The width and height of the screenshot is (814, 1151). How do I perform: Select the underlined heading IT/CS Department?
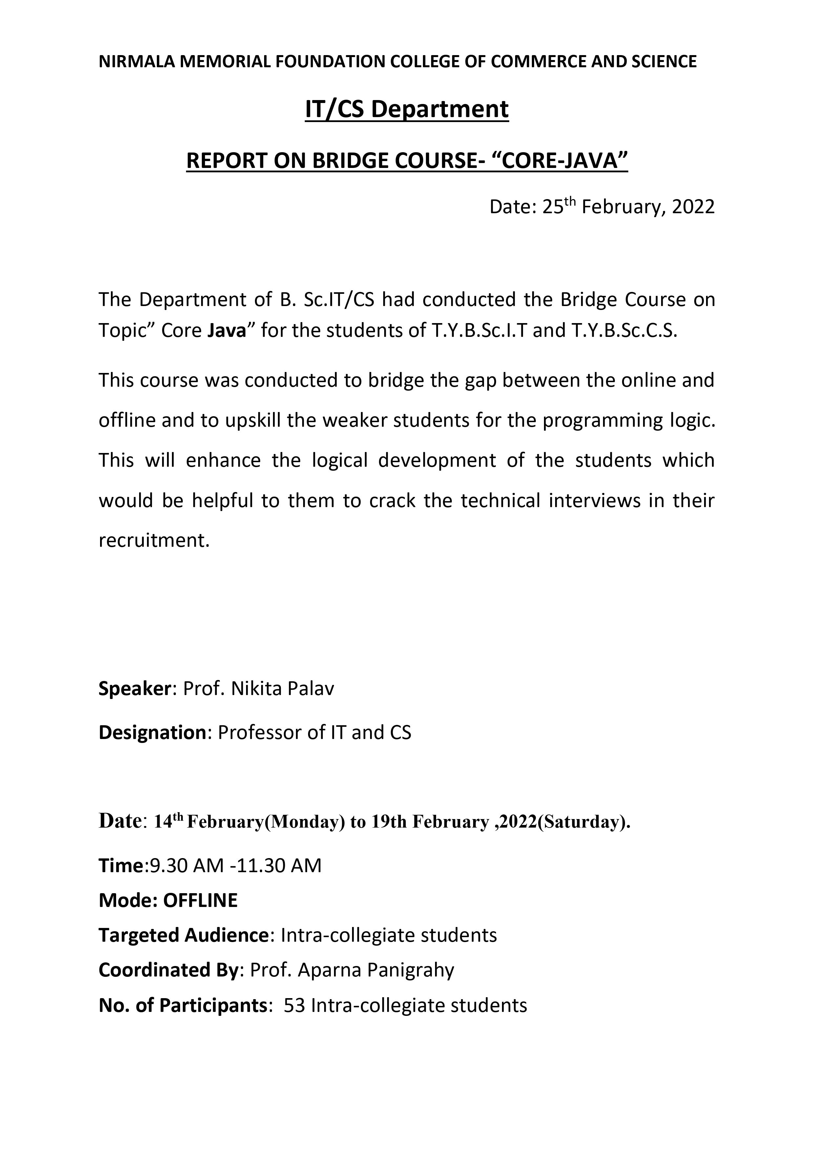pyautogui.click(x=407, y=109)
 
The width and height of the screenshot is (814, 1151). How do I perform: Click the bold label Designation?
pyautogui.click(x=152, y=733)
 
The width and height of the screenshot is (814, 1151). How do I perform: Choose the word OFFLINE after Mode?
pyautogui.click(x=200, y=901)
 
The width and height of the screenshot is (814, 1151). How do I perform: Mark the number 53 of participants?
pyautogui.click(x=294, y=1005)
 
